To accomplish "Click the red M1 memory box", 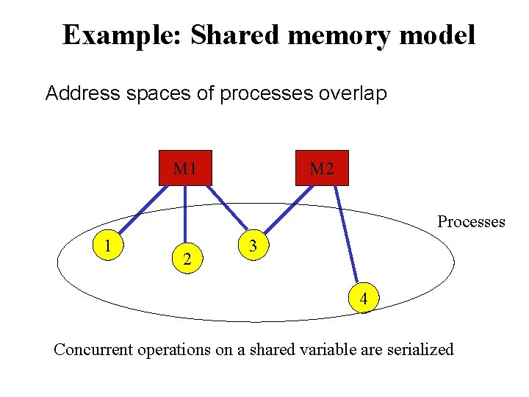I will tap(184, 168).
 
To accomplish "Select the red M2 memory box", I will tap(321, 168).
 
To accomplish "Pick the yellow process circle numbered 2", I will tap(188, 259).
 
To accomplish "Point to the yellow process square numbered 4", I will tap(363, 298).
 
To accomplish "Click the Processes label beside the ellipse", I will tap(471, 221).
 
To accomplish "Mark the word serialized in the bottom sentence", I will tap(418, 349).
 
